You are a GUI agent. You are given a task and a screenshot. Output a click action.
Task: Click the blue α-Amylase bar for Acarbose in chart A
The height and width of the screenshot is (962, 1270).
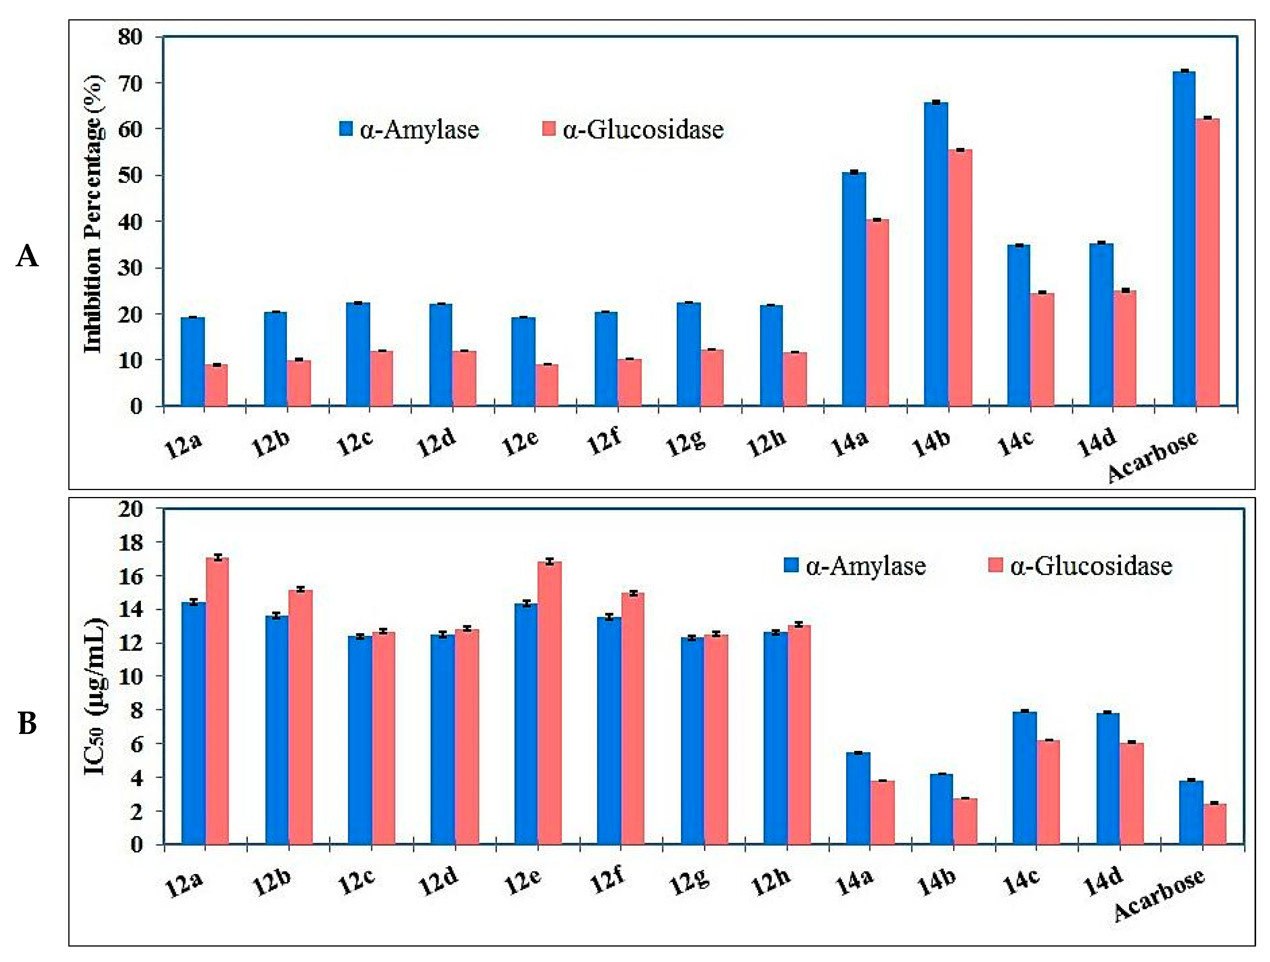tap(1184, 238)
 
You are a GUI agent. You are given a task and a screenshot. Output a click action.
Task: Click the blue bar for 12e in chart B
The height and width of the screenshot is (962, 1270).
tap(526, 723)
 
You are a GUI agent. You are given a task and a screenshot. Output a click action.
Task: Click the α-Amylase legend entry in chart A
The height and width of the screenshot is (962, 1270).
tap(409, 129)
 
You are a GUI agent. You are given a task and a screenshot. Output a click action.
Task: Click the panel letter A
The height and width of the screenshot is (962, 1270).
tap(27, 256)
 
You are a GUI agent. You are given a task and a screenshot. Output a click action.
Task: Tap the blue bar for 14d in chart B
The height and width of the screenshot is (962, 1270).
tap(1107, 778)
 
